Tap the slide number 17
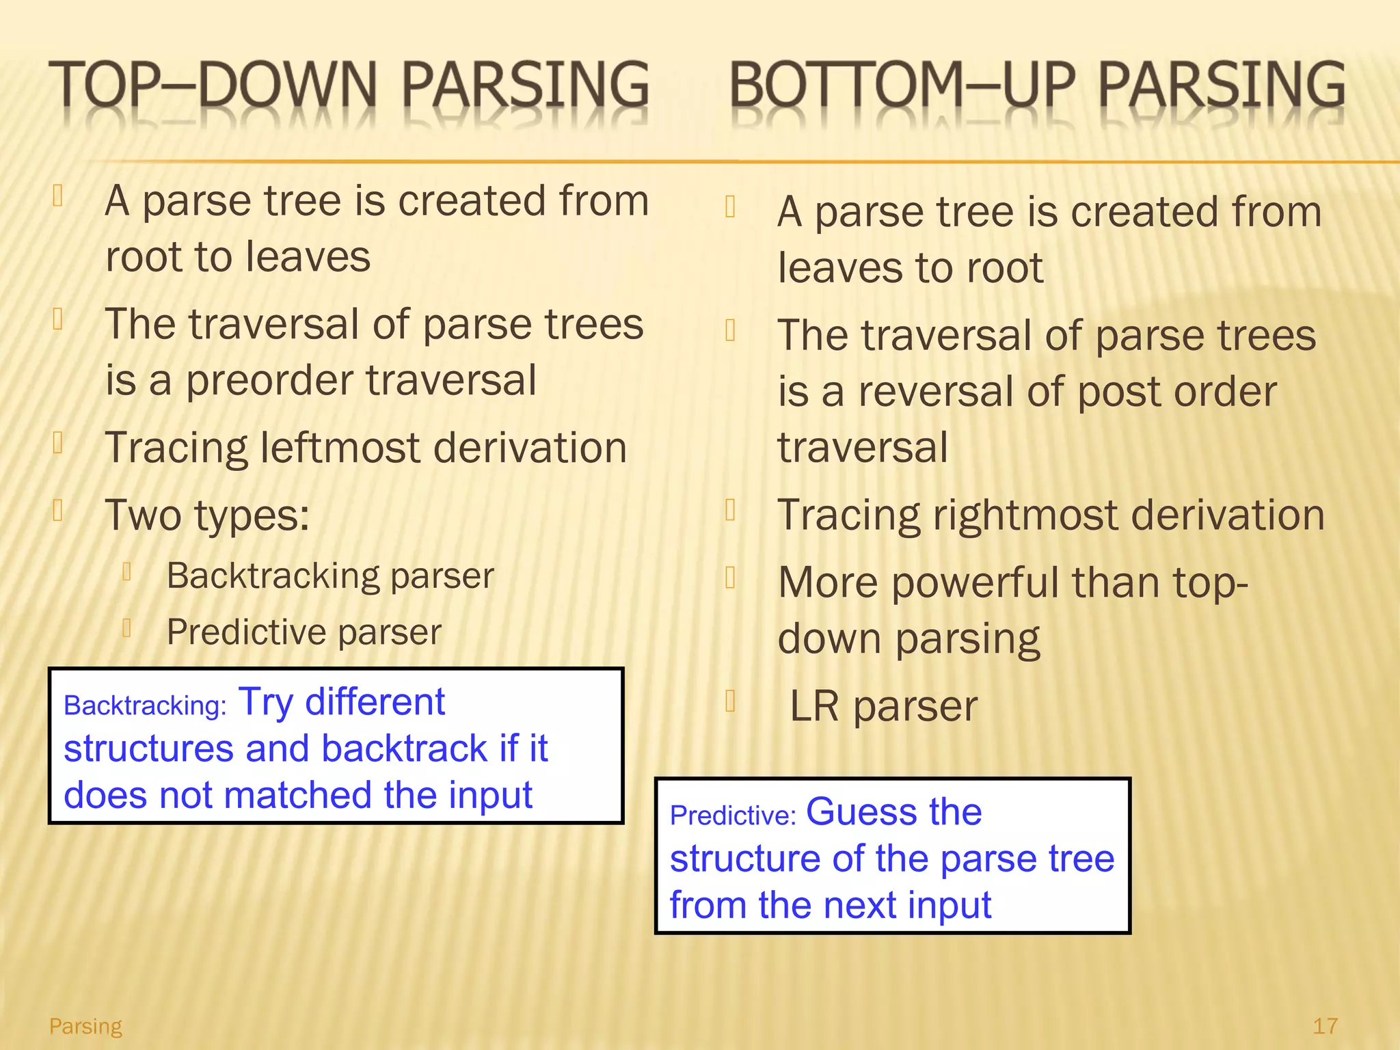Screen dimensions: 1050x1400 (1325, 1025)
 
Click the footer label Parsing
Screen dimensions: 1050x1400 (85, 1025)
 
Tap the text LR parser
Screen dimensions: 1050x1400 (883, 706)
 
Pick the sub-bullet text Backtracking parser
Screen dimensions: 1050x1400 (329, 576)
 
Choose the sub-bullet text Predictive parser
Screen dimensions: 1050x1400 (304, 632)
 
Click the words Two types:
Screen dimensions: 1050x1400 (207, 515)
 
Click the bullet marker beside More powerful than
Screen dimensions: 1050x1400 (730, 578)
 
